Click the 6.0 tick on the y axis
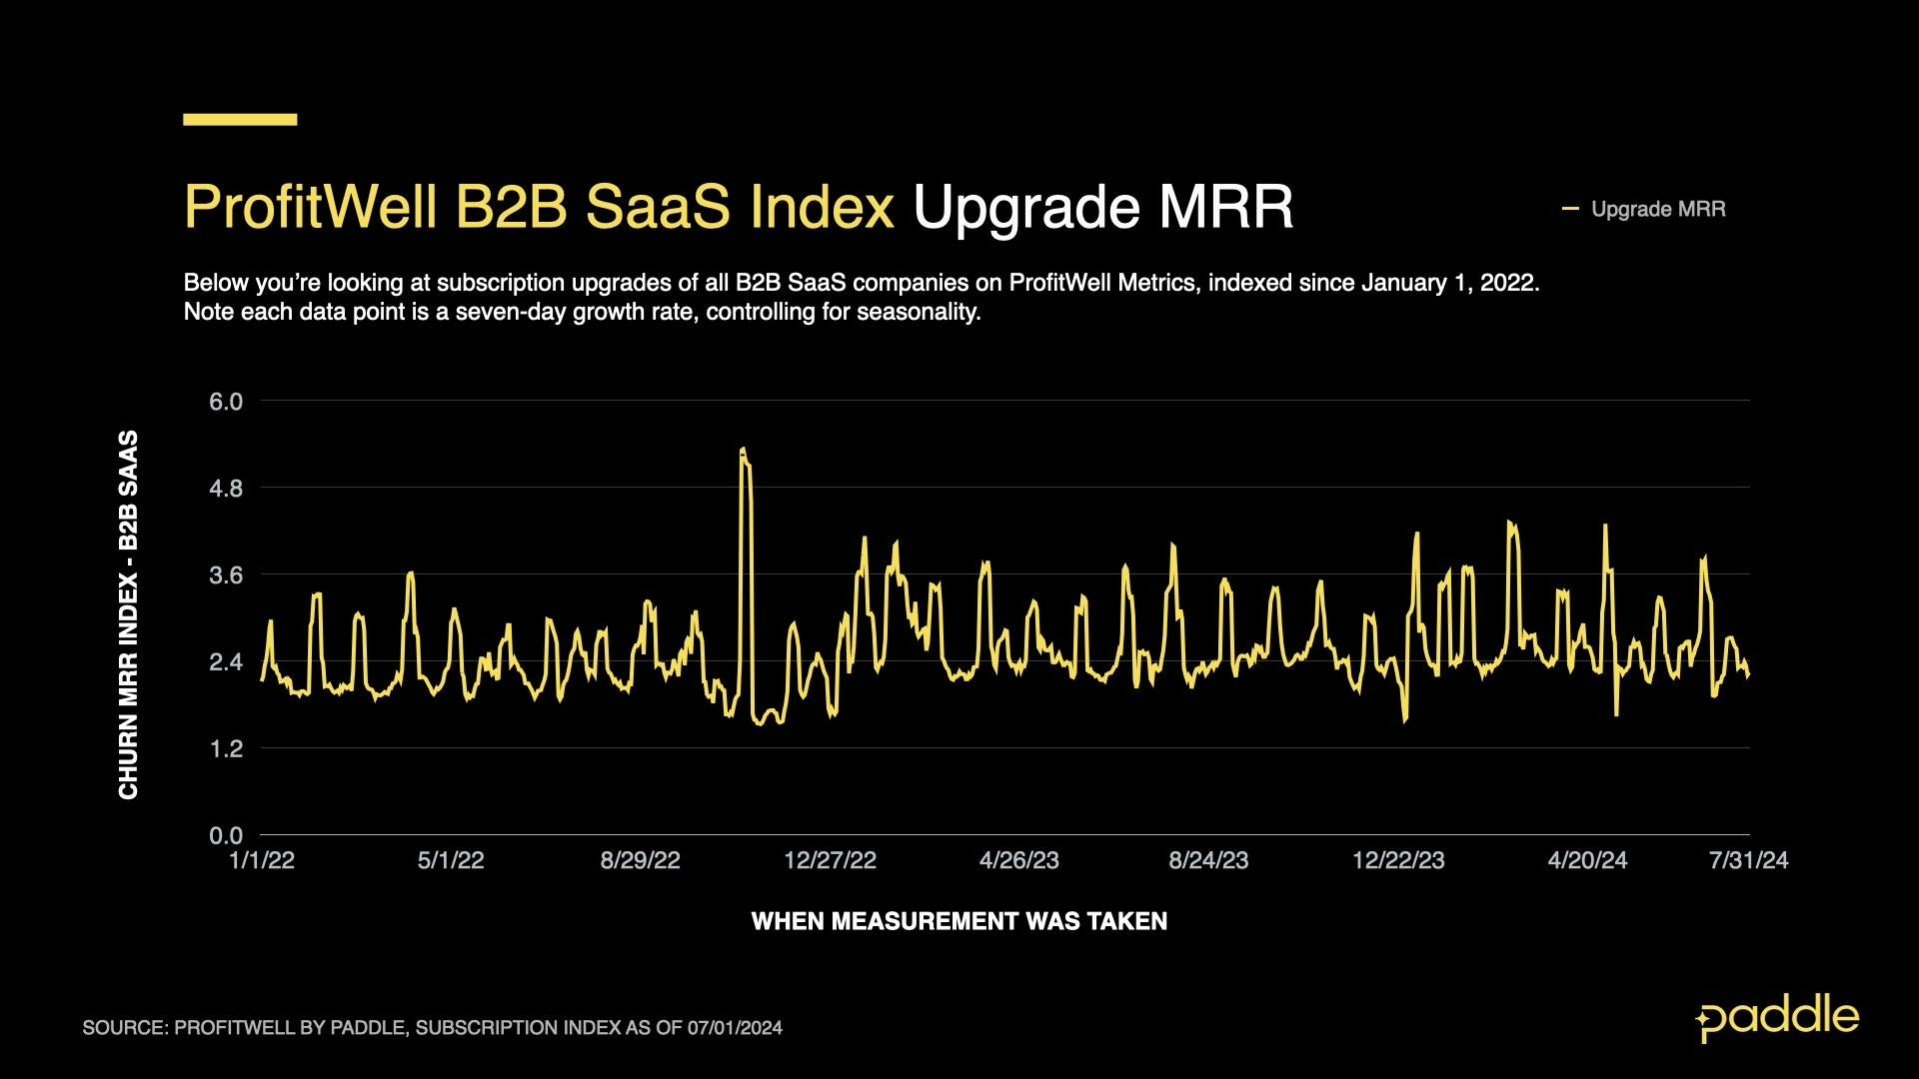point(225,402)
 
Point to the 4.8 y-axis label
point(225,489)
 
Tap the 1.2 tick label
point(225,748)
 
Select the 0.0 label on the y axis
point(225,835)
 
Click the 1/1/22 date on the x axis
point(262,860)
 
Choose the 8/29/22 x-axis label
point(640,860)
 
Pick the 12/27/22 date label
point(830,860)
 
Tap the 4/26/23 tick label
point(1018,860)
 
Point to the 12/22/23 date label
point(1397,860)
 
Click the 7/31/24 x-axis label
point(1748,860)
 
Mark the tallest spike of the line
point(743,451)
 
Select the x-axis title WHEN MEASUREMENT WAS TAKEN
point(959,921)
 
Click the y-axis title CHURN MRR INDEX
point(128,614)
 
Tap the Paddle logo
point(1777,1018)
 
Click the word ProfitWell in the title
point(310,207)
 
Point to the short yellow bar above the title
point(240,119)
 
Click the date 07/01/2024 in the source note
point(735,1028)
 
